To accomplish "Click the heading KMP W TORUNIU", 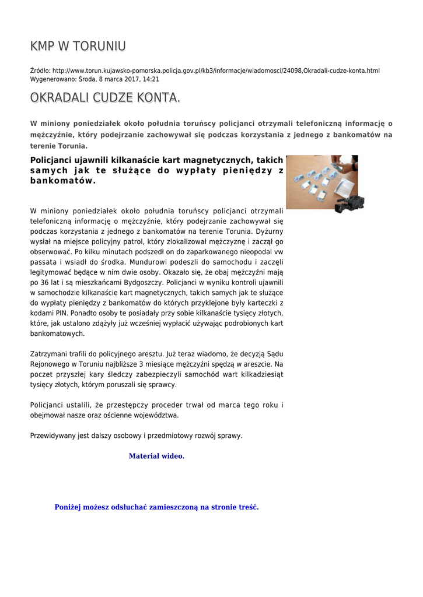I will click(78, 46).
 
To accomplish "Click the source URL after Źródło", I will click(216, 71).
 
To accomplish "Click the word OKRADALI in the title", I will click(54, 99).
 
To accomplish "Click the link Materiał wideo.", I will click(156, 456).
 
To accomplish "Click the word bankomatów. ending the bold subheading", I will click(62, 181).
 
